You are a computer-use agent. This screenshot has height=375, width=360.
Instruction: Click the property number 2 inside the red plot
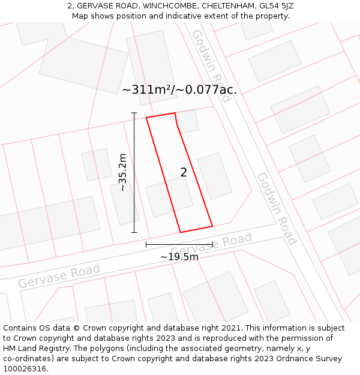184,173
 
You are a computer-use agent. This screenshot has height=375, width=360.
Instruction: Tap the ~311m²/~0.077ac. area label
179,90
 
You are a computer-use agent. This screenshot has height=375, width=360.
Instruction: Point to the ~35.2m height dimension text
122,172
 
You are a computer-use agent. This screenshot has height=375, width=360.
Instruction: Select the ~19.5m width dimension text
179,257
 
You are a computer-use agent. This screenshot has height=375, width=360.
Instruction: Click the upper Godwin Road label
211,65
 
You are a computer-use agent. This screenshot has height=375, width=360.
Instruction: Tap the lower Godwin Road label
277,209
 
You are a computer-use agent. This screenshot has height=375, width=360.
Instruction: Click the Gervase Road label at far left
59,276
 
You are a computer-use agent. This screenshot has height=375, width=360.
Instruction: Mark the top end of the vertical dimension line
134,113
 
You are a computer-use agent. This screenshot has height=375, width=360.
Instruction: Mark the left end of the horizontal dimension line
146,244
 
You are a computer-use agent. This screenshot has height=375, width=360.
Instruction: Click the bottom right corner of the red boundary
212,226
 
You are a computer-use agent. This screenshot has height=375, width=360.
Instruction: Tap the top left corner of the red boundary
146,117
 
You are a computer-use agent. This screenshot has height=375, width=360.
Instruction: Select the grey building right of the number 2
215,176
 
